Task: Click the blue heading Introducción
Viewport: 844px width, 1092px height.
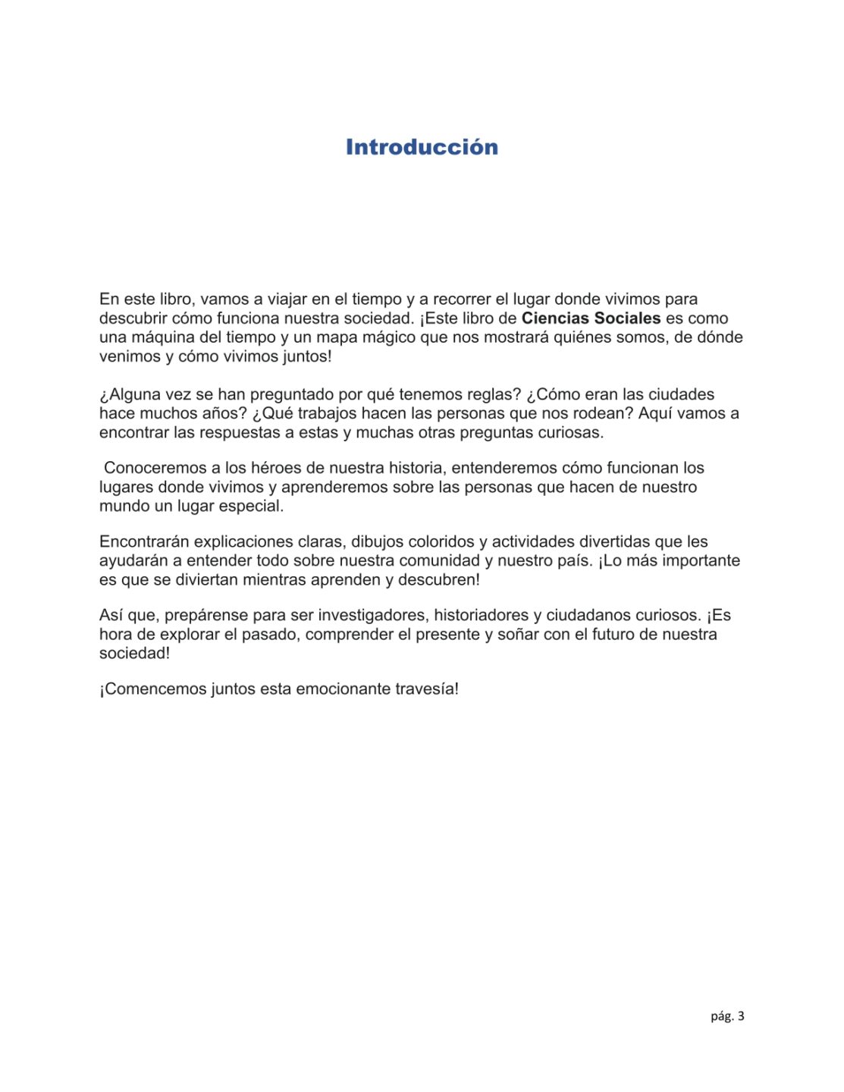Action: tap(422, 147)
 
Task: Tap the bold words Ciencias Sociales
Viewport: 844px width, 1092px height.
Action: tap(591, 318)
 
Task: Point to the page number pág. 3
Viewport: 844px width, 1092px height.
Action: tap(727, 1016)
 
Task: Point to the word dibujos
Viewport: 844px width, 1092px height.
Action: tap(377, 541)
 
